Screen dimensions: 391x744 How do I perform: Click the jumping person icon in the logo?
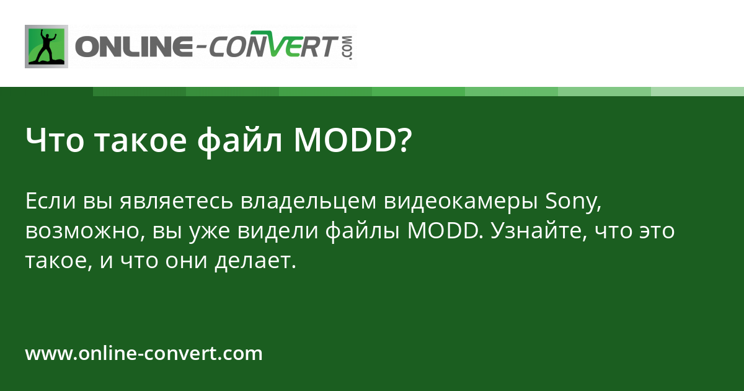pyautogui.click(x=46, y=46)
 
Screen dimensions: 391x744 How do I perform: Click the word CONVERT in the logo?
pyautogui.click(x=273, y=47)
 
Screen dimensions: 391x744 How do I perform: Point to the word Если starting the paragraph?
pyautogui.click(x=50, y=202)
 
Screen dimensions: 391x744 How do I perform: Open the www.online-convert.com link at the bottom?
pyautogui.click(x=144, y=354)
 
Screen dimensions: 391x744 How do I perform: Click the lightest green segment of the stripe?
pyautogui.click(x=697, y=91)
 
